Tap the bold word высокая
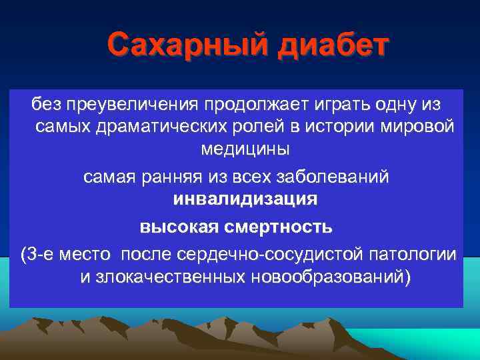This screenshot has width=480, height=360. (178, 227)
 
